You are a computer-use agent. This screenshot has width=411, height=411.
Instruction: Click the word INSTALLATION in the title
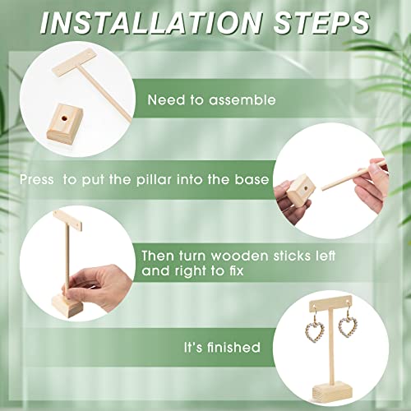tap(151, 22)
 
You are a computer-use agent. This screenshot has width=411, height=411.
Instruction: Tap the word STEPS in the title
tap(321, 22)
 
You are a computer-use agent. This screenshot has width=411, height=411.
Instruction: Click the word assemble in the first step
tap(242, 99)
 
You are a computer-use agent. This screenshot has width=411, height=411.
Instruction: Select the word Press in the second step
tap(37, 180)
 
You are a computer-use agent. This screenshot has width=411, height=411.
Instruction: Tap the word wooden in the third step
tap(239, 256)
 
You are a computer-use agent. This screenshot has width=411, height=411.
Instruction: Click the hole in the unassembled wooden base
tap(64, 119)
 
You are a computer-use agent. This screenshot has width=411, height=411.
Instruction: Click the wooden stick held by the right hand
tap(353, 174)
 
